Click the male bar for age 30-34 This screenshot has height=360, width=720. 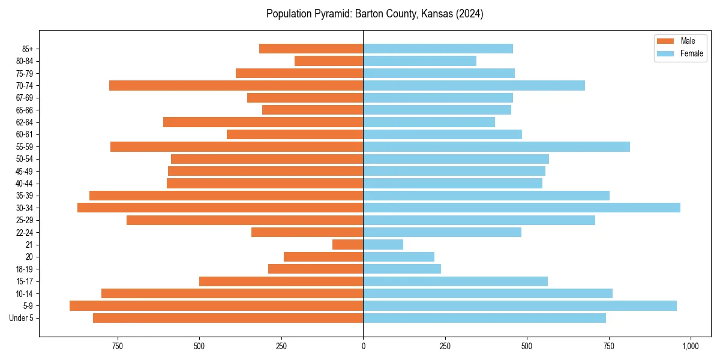[x=220, y=208]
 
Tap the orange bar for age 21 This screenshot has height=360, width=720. [x=347, y=244]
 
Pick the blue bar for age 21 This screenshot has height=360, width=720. [x=383, y=244]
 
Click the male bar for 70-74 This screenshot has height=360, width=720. [x=236, y=85]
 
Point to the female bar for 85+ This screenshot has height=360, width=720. [x=438, y=49]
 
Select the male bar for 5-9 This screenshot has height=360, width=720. [x=216, y=305]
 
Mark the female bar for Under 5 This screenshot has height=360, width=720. [x=484, y=318]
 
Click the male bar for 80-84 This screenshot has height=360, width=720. [x=329, y=61]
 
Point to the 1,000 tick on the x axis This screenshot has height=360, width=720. [x=690, y=346]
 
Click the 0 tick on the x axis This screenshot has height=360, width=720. [x=363, y=346]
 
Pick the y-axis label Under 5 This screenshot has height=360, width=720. [x=22, y=318]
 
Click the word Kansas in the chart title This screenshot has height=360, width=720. [x=425, y=14]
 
